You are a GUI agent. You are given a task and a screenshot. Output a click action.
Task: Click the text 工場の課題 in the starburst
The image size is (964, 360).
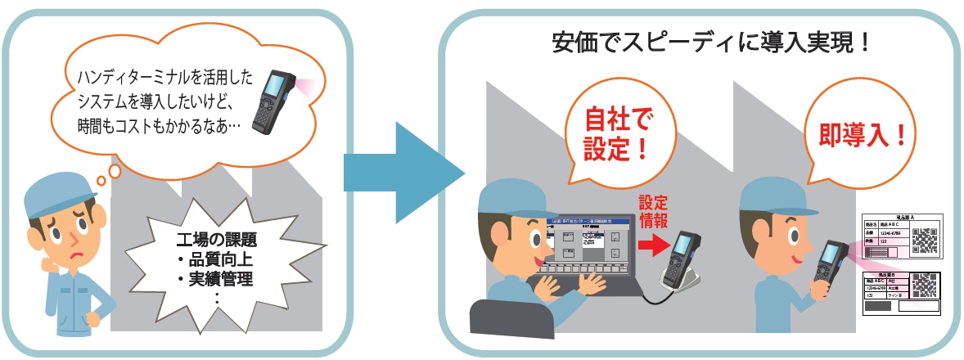(215, 243)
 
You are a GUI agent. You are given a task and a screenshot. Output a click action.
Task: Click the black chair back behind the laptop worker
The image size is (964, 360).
(499, 319)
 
